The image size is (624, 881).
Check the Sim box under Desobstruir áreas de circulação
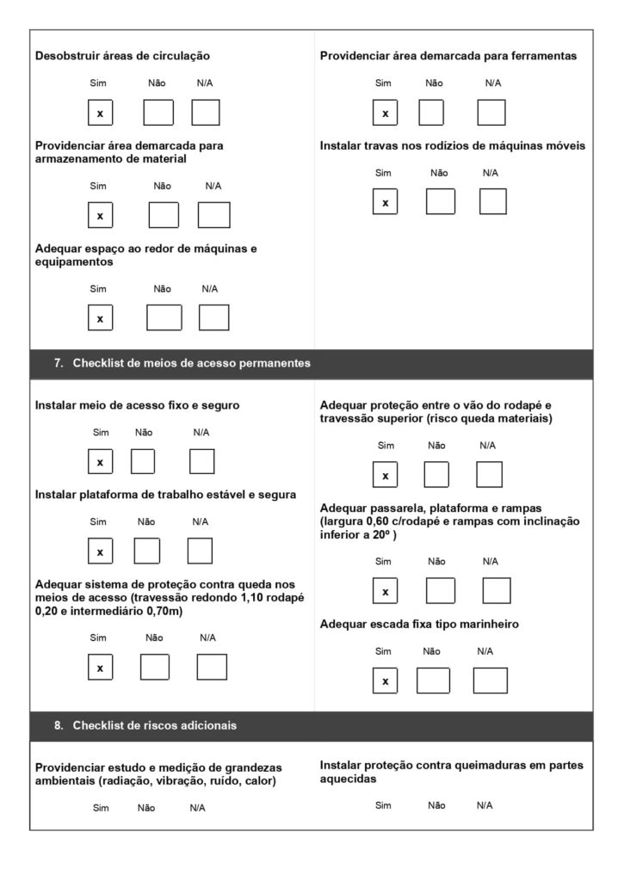[x=100, y=113]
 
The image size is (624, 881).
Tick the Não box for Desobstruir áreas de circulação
[x=158, y=113]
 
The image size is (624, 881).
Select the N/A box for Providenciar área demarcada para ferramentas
[x=491, y=113]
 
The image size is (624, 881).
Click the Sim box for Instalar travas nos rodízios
[x=385, y=201]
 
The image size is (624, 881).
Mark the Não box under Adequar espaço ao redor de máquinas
[x=164, y=317]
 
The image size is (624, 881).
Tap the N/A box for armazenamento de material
[x=213, y=214]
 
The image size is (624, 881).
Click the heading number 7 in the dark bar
[x=59, y=364]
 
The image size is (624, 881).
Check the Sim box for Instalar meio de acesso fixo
[x=100, y=462]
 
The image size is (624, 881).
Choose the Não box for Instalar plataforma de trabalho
[x=147, y=551]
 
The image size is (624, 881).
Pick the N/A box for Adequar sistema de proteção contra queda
[x=211, y=667]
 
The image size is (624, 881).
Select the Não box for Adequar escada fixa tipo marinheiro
[x=433, y=681]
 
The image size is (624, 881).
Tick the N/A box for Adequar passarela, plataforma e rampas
[x=496, y=591]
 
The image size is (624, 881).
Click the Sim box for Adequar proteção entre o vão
[x=385, y=475]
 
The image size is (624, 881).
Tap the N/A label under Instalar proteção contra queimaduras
[x=485, y=805]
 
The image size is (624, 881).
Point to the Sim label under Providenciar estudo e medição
[x=101, y=808]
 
